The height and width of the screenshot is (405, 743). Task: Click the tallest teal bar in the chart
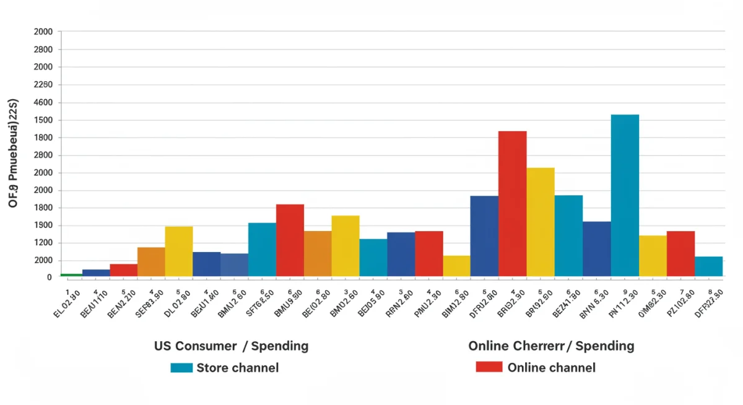click(x=624, y=195)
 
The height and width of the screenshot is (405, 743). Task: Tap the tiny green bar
click(x=71, y=274)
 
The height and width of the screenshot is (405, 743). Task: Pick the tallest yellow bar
click(x=541, y=222)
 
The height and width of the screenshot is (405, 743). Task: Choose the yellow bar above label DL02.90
click(x=178, y=251)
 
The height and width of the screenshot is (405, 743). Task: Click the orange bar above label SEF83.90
click(x=151, y=261)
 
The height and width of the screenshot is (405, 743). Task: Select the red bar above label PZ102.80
click(x=680, y=253)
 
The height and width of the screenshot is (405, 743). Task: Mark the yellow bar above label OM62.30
click(x=653, y=256)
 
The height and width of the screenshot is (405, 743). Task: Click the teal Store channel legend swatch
click(x=181, y=368)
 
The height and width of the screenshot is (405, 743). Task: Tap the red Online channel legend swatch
click(x=489, y=367)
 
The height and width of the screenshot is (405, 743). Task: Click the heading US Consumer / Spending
click(x=231, y=346)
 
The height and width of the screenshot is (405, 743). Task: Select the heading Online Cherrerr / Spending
click(x=551, y=346)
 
